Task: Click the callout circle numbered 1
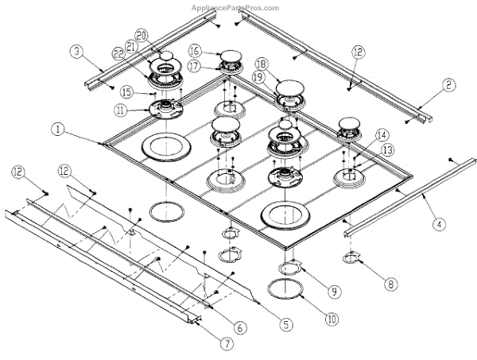coord(57,127)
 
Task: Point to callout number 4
coord(437,223)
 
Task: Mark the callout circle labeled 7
coord(227,345)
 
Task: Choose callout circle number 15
coord(126,91)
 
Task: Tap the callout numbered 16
coord(196,50)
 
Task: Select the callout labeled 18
coord(262,63)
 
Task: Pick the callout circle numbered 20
coord(142,35)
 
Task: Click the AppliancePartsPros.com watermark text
coord(236,10)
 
